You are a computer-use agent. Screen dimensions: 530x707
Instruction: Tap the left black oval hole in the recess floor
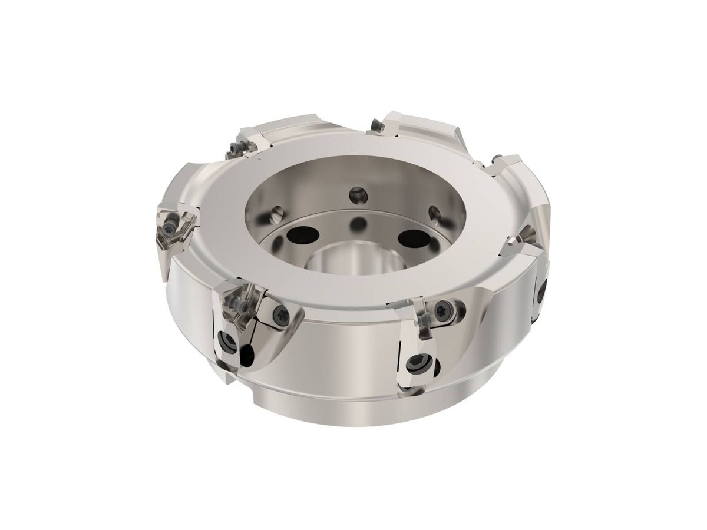pyautogui.click(x=300, y=236)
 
